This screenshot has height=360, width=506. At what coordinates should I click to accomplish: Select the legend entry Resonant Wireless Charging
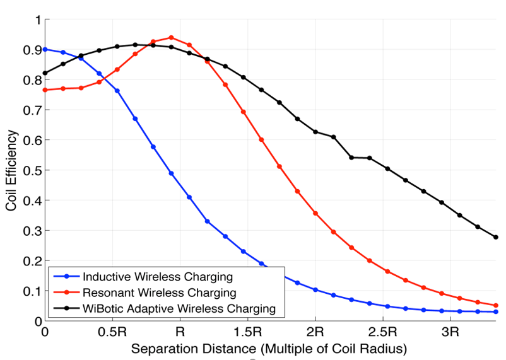160,293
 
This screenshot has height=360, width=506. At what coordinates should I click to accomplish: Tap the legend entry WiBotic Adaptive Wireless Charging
179,308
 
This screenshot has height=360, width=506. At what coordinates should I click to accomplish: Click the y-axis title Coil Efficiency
11,170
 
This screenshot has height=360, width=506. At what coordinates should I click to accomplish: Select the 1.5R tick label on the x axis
247,331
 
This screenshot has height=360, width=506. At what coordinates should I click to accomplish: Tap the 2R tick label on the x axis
315,331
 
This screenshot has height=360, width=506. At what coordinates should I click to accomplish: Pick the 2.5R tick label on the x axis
382,331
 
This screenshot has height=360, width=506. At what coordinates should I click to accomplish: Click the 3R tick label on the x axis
450,331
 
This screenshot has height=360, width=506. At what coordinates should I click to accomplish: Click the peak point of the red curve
171,38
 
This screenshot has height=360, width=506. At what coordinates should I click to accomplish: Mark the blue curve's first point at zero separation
45,49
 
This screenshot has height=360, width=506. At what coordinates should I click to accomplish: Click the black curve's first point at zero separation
45,73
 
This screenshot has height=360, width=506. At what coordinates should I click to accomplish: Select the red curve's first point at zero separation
45,90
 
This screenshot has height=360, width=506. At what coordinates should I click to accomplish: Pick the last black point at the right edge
496,237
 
